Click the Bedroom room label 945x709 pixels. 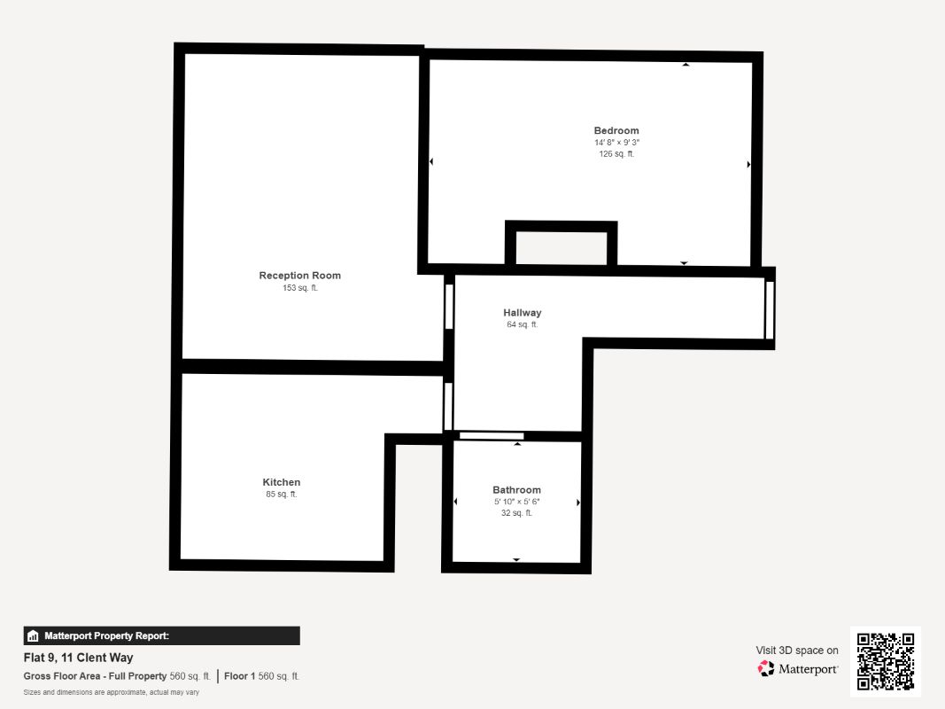(x=616, y=131)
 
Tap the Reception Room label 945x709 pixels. (x=299, y=276)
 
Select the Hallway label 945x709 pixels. (x=522, y=313)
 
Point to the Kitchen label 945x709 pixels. (x=281, y=483)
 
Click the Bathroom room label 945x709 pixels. (x=516, y=490)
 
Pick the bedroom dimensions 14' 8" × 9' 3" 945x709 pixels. (x=616, y=143)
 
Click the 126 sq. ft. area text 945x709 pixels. (x=616, y=154)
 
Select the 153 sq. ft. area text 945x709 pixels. (x=299, y=288)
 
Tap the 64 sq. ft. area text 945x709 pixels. (x=522, y=325)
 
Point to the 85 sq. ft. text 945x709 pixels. (x=281, y=495)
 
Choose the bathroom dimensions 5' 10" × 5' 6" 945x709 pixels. (x=516, y=502)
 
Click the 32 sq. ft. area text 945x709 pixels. (x=516, y=513)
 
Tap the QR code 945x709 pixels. (x=885, y=661)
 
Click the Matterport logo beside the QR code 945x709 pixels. (x=797, y=669)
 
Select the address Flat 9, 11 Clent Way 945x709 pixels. (x=78, y=658)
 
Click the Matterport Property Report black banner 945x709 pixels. (x=161, y=635)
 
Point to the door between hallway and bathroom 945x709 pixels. (x=492, y=435)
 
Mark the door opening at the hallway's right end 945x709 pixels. (x=770, y=310)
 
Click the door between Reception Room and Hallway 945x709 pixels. (x=449, y=307)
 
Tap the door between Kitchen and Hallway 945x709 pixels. (x=448, y=406)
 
